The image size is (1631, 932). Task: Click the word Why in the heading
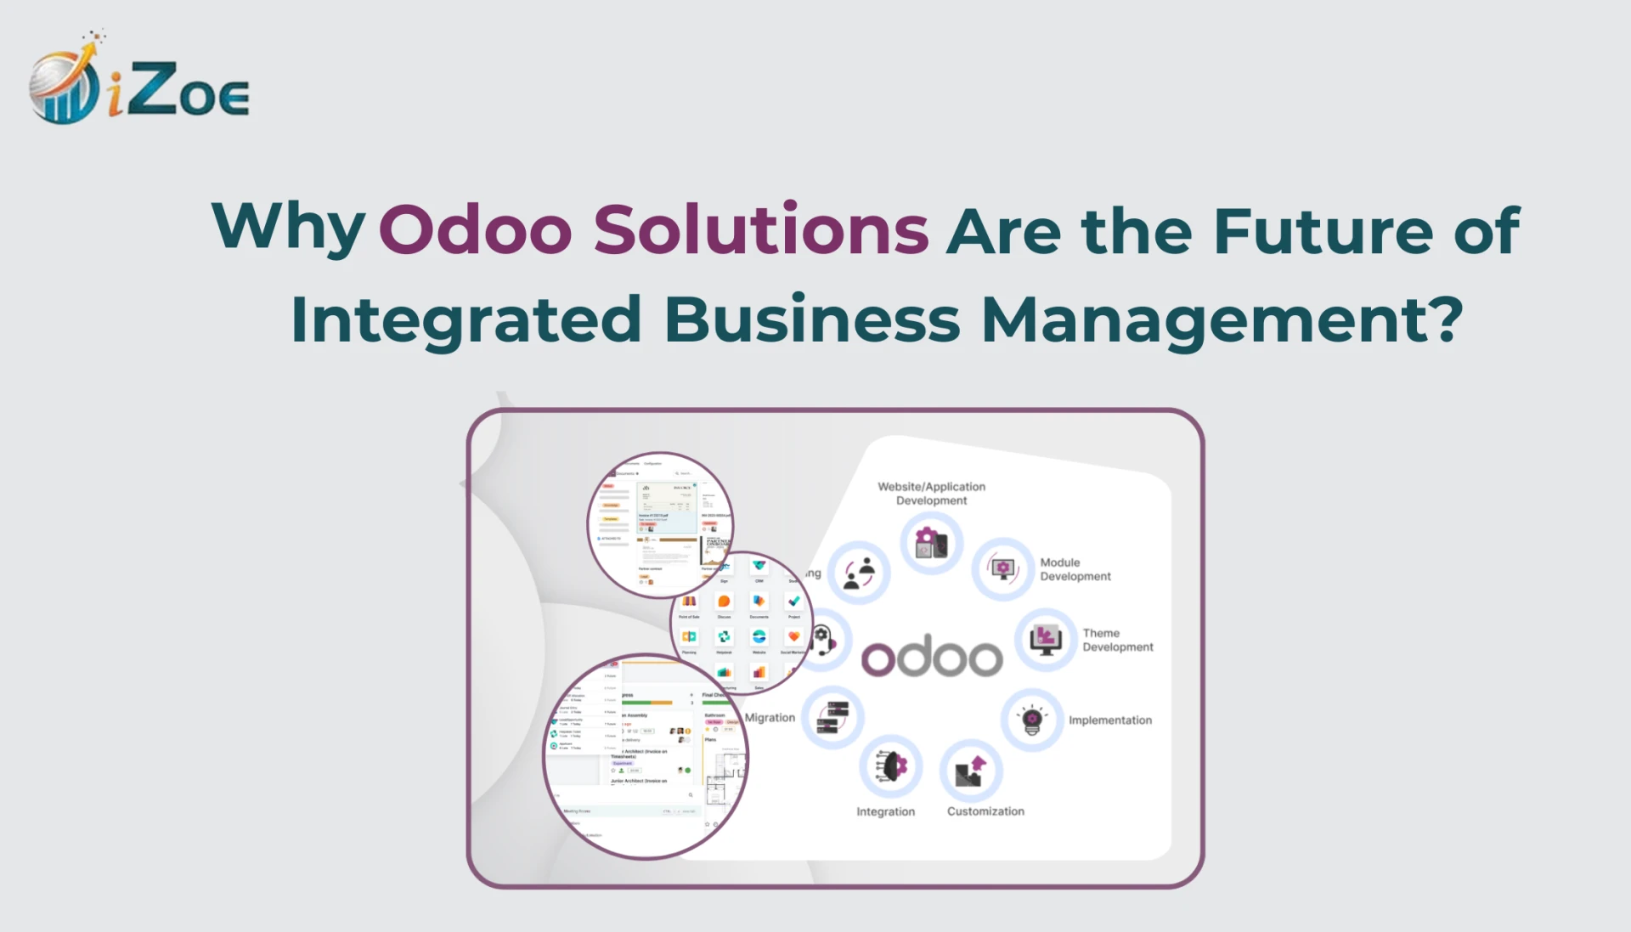click(x=288, y=228)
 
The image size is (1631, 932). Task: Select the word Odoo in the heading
click(x=475, y=229)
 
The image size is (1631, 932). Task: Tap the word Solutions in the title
click(x=761, y=229)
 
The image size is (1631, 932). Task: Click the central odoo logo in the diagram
click(x=932, y=657)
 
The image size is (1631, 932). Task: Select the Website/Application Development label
click(x=931, y=494)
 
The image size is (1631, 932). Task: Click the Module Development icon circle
click(x=1003, y=568)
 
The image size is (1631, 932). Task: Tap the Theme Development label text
click(x=1117, y=640)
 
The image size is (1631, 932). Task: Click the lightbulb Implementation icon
click(x=1032, y=720)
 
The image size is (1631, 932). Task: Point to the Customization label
click(x=985, y=811)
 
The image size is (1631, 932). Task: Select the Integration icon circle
click(x=890, y=766)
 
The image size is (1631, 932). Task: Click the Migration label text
click(x=770, y=718)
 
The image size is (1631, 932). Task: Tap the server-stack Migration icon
click(x=833, y=717)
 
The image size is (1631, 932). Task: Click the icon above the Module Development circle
click(x=931, y=543)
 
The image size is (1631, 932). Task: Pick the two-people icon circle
click(x=859, y=573)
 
